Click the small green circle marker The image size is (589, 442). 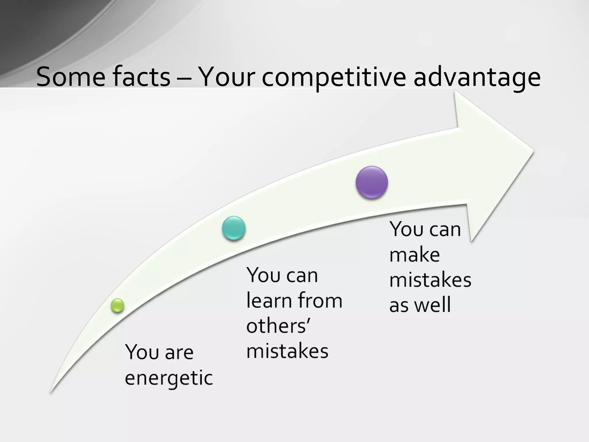coord(117,305)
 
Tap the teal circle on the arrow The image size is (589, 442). coord(234,228)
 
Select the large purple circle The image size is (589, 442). coord(372,182)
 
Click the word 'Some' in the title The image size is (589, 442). coord(71,77)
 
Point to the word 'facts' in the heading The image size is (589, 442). coord(141,77)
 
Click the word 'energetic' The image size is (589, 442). coord(169,378)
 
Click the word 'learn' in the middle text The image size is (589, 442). coord(269,300)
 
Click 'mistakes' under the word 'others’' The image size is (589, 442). coord(287,351)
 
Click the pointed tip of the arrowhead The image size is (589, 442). coord(533,150)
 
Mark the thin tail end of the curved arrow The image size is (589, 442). coord(51,392)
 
